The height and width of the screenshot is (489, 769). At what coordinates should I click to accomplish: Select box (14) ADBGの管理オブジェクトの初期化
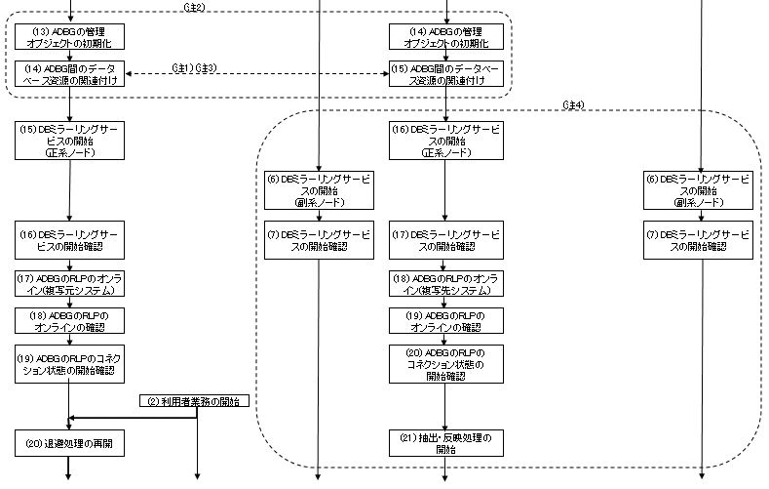(x=444, y=36)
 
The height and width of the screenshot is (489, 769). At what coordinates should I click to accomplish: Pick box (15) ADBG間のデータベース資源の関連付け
(x=444, y=73)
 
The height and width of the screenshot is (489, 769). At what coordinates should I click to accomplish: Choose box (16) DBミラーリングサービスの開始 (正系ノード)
(x=445, y=140)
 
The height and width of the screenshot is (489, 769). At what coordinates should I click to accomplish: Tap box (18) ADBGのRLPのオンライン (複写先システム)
(x=445, y=284)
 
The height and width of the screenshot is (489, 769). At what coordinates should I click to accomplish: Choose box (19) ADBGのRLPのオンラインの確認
(x=445, y=319)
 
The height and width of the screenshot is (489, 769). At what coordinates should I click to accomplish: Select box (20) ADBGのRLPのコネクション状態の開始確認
(x=445, y=363)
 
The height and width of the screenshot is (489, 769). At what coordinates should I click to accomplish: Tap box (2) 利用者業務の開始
(x=194, y=401)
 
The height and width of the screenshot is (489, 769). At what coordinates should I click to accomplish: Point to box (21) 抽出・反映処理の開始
(x=445, y=443)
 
